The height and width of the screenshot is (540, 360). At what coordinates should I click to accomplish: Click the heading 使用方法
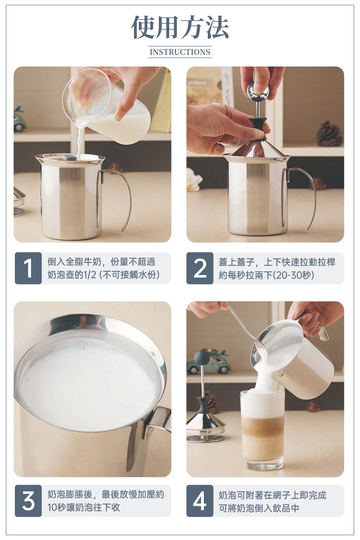(x=180, y=27)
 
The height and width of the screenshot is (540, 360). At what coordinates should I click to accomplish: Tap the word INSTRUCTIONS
(x=180, y=52)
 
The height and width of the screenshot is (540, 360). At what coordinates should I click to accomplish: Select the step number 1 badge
(x=28, y=268)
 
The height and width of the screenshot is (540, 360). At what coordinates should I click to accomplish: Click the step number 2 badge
(x=200, y=268)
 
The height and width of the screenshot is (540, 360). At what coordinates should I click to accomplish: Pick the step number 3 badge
(x=28, y=501)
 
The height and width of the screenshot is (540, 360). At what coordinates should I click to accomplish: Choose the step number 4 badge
(x=200, y=501)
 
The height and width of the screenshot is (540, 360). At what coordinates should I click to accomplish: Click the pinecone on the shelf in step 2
(x=329, y=134)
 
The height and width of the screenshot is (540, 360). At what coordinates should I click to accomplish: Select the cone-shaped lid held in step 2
(x=256, y=147)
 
